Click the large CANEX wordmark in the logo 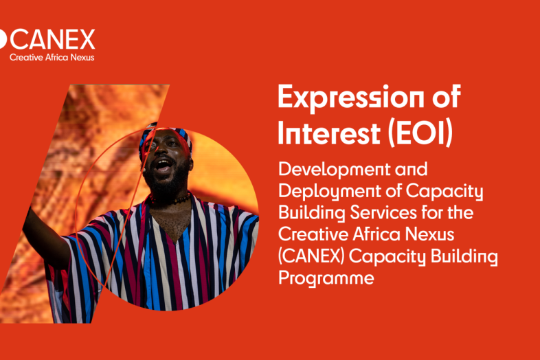[x=52, y=39]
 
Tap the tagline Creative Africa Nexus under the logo [x=52, y=58]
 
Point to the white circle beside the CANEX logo [x=3, y=39]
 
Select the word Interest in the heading [x=329, y=133]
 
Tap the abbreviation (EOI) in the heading [x=420, y=133]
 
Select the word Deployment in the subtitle [x=329, y=192]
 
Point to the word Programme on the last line [x=326, y=278]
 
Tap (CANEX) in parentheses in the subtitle [x=311, y=256]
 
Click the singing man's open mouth [x=164, y=166]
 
